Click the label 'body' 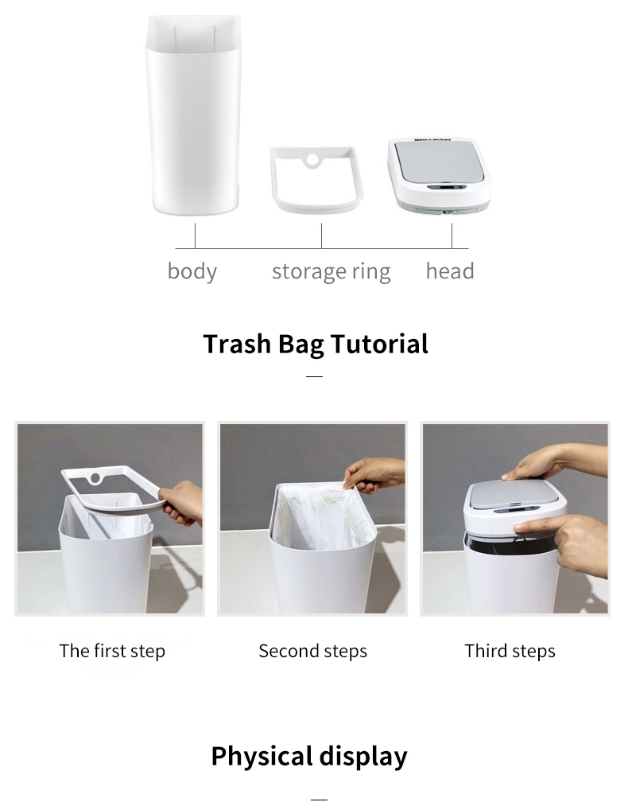(x=192, y=271)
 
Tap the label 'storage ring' (x=331, y=271)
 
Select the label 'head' (x=450, y=271)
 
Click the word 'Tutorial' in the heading (x=379, y=344)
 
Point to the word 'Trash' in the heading (x=237, y=344)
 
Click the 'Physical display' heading (x=309, y=757)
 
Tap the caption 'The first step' (x=112, y=651)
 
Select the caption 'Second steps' (x=312, y=651)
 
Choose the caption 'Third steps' (x=510, y=651)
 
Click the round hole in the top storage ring (x=312, y=160)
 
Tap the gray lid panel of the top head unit (x=440, y=161)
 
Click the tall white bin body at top (x=193, y=115)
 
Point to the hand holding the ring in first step (x=181, y=503)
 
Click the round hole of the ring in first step (x=95, y=479)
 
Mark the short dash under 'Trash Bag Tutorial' (x=314, y=376)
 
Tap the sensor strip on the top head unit (x=446, y=187)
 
